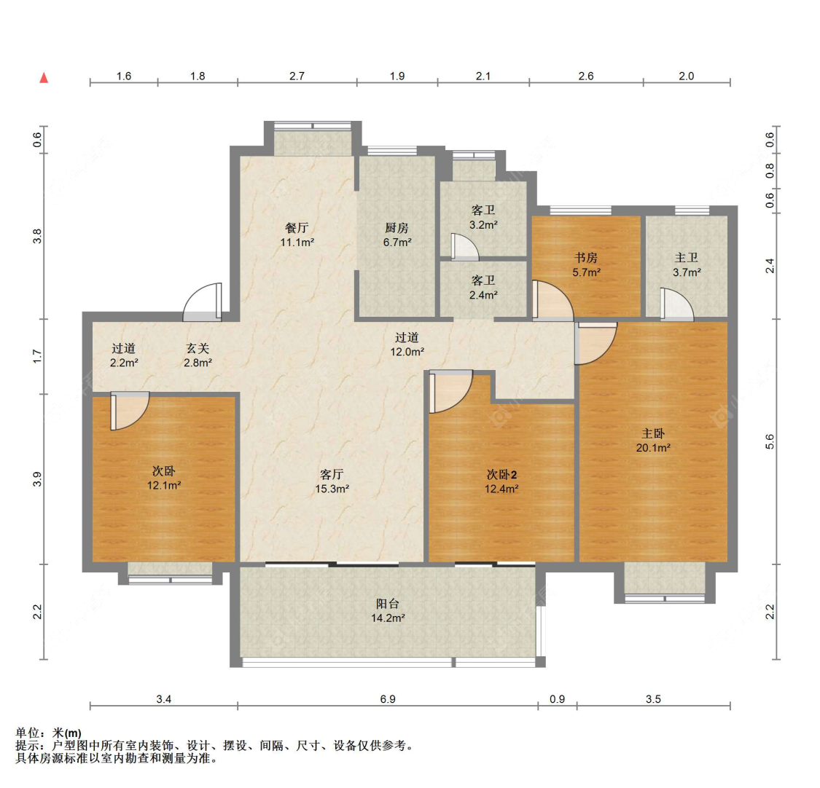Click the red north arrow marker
[44, 78]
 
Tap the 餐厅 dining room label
[297, 228]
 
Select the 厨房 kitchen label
[397, 228]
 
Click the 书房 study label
[586, 258]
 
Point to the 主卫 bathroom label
[687, 258]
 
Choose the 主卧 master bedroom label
[653, 433]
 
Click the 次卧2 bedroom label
[501, 474]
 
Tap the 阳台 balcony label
[388, 604]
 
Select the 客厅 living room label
[332, 474]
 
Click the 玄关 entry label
[198, 348]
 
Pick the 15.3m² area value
[332, 489]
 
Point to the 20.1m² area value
[653, 448]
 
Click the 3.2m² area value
[483, 225]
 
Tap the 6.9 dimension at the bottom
[388, 699]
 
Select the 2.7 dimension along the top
[297, 76]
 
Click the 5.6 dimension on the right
[770, 442]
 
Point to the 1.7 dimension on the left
[36, 357]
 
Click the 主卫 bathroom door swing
[676, 304]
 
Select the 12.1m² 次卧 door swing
[130, 411]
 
